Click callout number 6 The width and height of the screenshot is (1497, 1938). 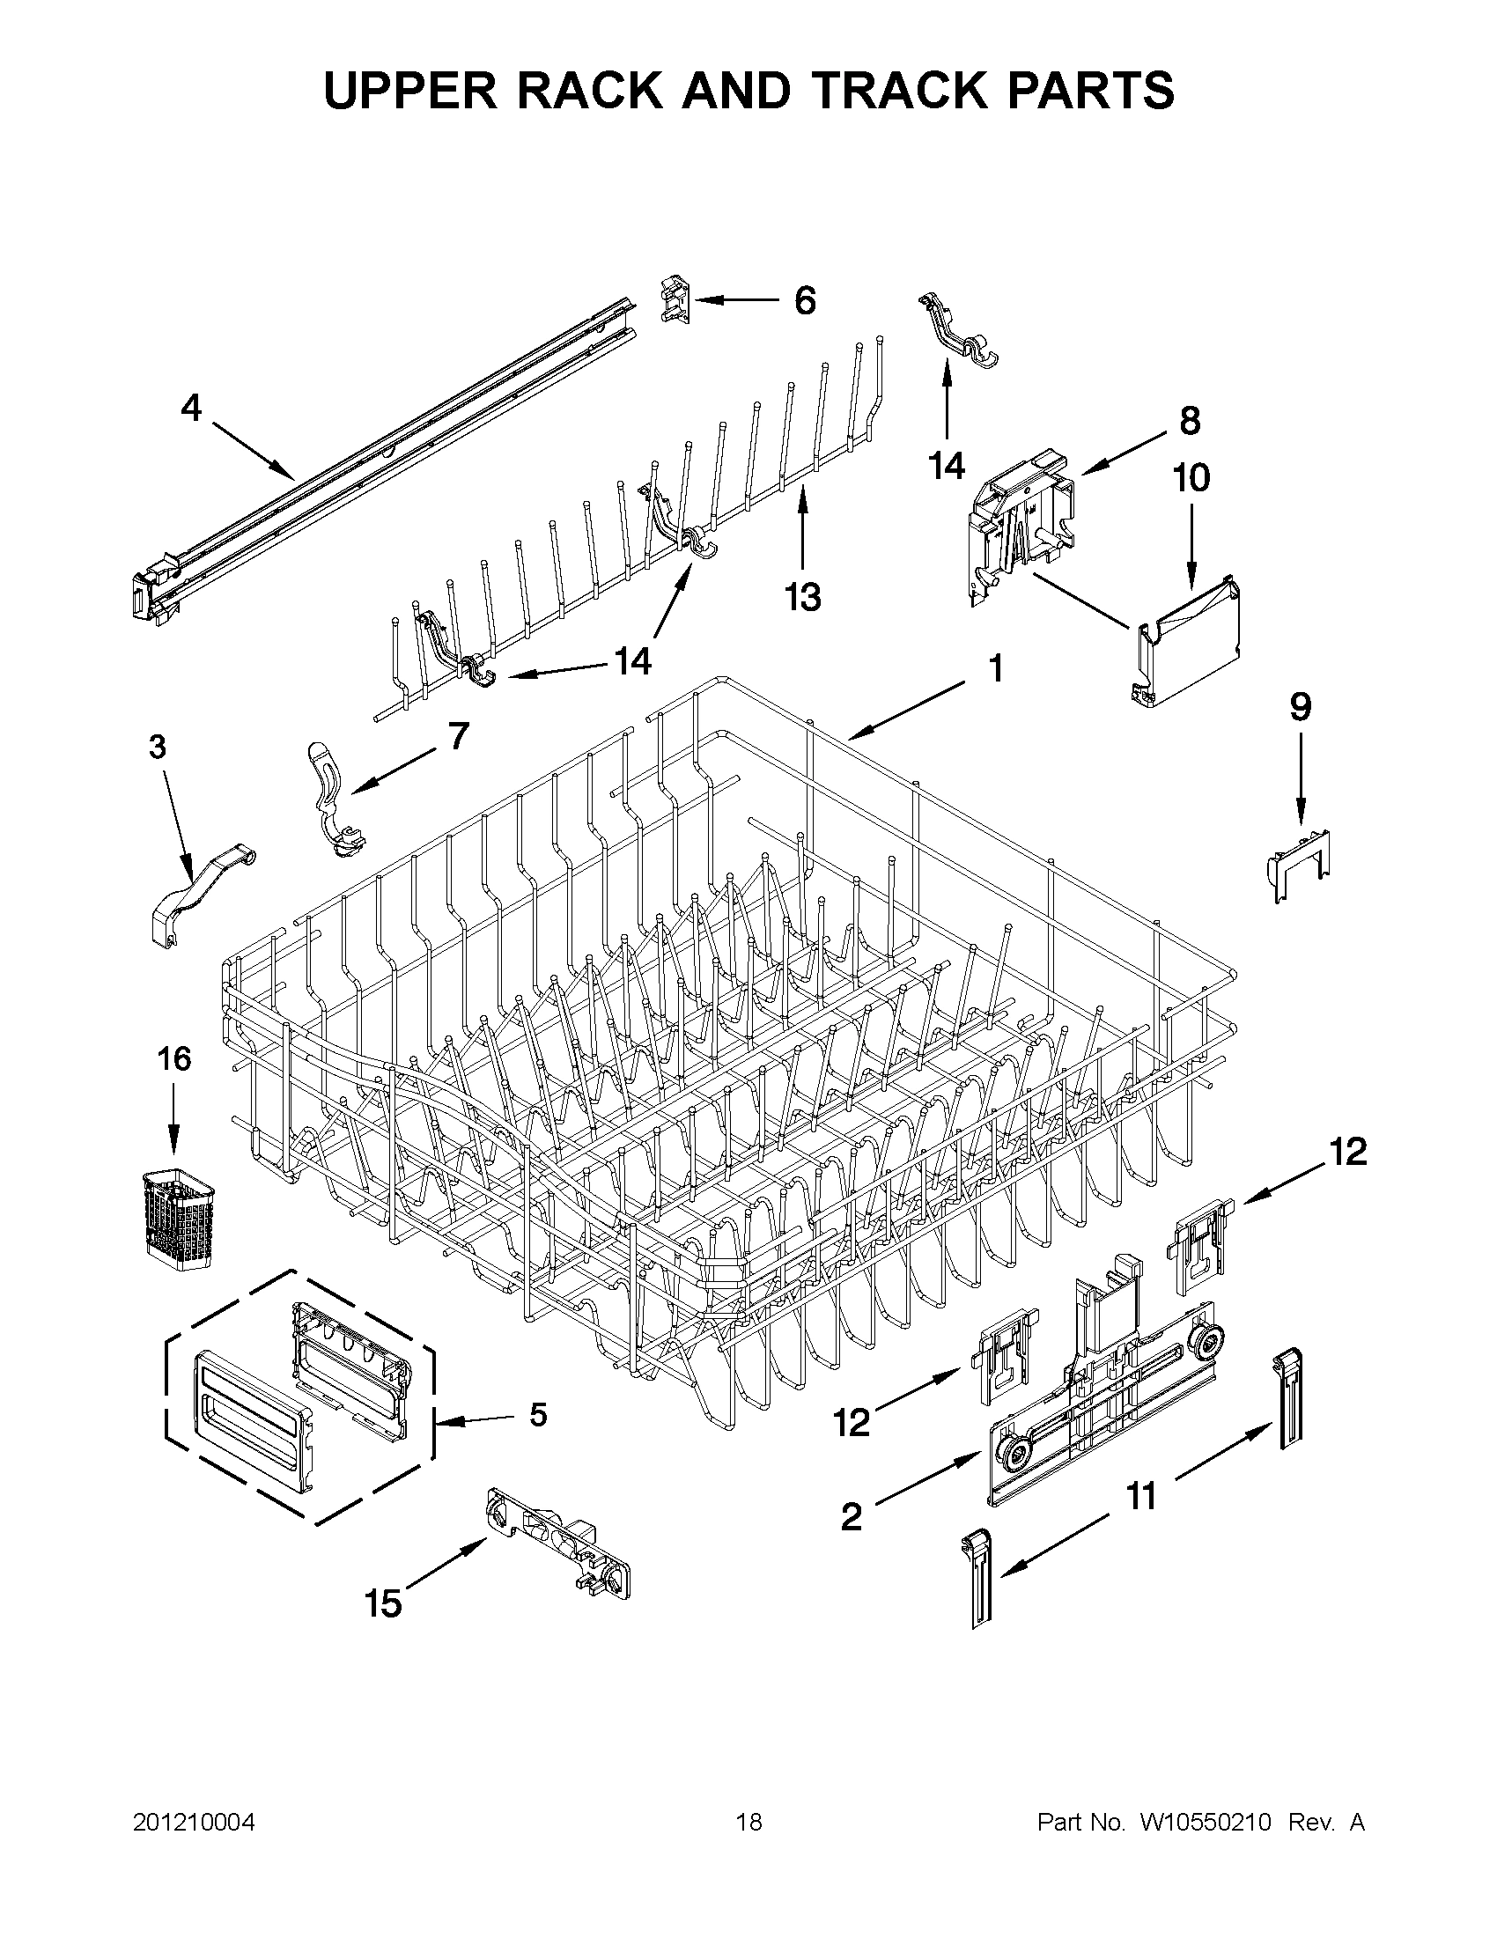pos(804,301)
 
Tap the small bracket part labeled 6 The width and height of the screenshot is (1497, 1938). pos(675,298)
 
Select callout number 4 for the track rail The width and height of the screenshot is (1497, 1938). pos(191,409)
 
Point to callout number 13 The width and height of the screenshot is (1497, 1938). pos(802,597)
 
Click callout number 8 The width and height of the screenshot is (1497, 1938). pos(1189,420)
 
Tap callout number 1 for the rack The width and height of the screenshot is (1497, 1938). pos(996,668)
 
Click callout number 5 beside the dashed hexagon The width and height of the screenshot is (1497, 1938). pos(537,1415)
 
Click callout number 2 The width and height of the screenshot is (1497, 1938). pos(850,1516)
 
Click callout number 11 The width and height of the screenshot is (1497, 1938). pos(1140,1496)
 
